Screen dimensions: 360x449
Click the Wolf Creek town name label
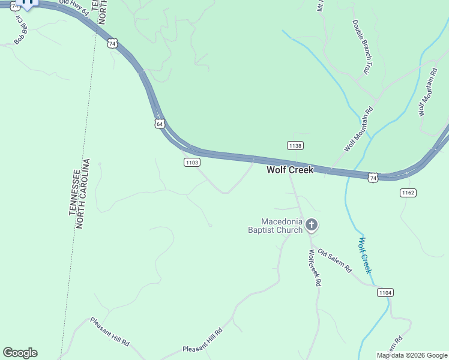pos(290,170)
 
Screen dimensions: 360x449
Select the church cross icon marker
pos(312,226)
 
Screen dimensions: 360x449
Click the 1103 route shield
pos(192,162)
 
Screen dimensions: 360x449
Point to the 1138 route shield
pos(295,146)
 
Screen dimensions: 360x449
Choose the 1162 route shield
pos(408,193)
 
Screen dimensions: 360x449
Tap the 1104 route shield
pos(385,292)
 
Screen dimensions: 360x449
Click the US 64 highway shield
pos(158,123)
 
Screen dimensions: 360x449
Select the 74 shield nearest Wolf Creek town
pos(373,177)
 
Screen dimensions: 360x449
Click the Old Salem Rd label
pos(334,261)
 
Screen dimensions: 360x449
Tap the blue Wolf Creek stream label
pos(366,256)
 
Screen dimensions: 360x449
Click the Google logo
pos(20,353)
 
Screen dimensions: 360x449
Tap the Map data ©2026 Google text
pos(412,355)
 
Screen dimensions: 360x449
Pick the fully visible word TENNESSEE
pos(76,191)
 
